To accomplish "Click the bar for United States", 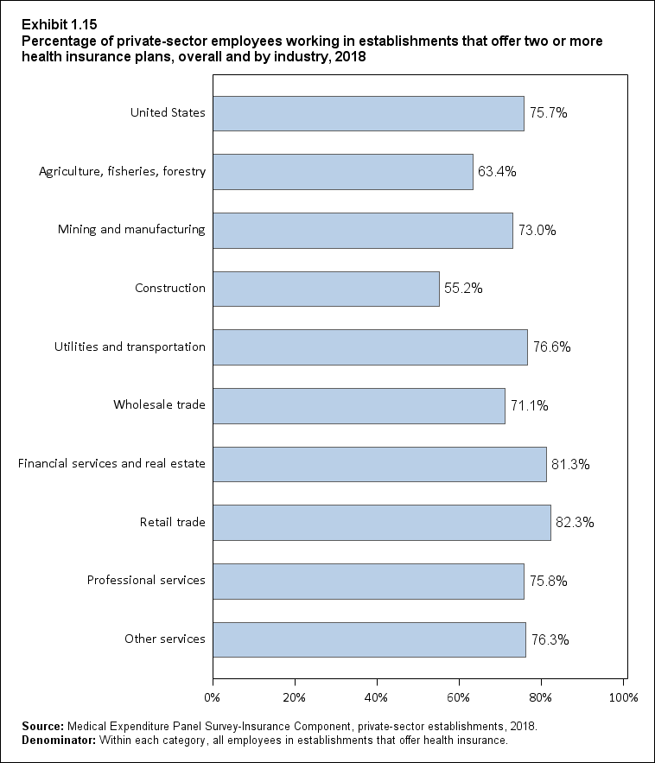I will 368,113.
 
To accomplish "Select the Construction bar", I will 326,289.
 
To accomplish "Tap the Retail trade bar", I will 381,523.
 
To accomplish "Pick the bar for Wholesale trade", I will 359,406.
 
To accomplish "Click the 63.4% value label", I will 496,172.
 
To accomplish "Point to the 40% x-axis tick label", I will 377,696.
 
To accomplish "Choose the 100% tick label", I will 623,696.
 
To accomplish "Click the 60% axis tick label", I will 459,696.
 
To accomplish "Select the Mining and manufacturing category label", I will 131,230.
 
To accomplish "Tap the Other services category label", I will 165,639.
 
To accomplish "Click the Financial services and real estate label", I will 111,464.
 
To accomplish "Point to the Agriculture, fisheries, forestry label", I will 123,172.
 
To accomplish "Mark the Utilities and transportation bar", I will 370,347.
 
